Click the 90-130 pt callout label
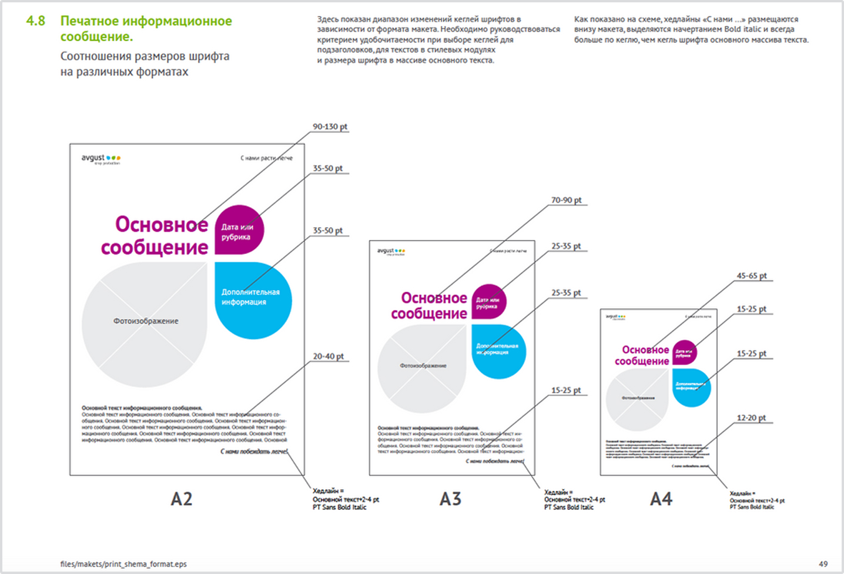click(x=330, y=127)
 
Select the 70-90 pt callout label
click(x=566, y=201)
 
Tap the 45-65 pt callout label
click(x=752, y=276)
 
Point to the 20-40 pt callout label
click(x=328, y=356)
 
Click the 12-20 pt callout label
click(x=751, y=418)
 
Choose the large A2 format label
click(x=182, y=499)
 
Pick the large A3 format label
click(x=451, y=499)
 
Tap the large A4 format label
click(x=661, y=499)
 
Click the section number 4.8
click(x=36, y=21)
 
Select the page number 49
click(x=823, y=564)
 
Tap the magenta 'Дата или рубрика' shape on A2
click(x=239, y=230)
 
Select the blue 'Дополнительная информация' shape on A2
click(x=253, y=300)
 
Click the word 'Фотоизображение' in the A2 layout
click(x=146, y=321)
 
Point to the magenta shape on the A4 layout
click(x=684, y=353)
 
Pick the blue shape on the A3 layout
click(x=498, y=351)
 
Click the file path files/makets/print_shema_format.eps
click(x=123, y=564)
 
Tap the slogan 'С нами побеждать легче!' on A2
click(x=254, y=452)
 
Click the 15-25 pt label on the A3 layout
click(x=565, y=391)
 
